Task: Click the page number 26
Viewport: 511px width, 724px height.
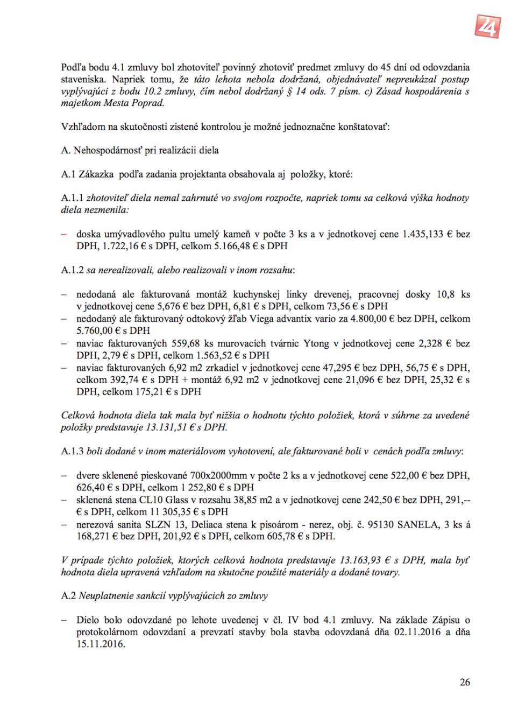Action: (465, 682)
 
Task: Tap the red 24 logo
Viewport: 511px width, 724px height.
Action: (487, 25)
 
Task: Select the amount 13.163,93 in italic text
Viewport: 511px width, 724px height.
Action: (360, 560)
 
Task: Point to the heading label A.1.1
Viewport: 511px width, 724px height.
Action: (72, 198)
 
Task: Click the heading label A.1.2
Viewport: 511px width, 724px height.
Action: (72, 270)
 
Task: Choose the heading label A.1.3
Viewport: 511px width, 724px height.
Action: (72, 452)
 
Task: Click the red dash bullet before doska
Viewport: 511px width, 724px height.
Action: (64, 234)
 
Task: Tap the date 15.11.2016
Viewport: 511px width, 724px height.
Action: (100, 644)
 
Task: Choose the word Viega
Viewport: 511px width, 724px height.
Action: (263, 319)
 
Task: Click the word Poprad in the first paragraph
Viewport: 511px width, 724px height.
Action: (147, 103)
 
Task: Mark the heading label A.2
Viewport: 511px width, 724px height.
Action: (68, 596)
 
